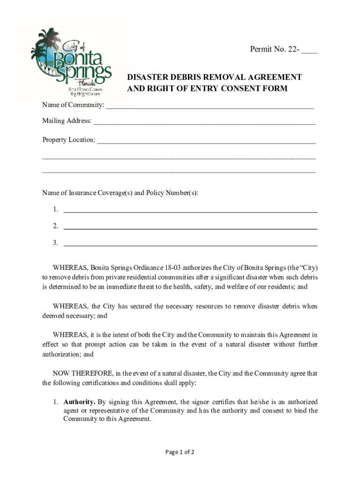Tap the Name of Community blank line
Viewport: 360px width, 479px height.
[x=209, y=105]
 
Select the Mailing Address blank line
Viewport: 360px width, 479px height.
[x=204, y=122]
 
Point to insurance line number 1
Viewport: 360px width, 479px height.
[x=190, y=210]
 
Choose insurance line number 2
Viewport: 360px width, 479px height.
[x=190, y=226]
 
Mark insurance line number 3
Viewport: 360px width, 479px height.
[x=190, y=243]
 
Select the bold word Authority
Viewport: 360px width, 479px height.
[x=79, y=402]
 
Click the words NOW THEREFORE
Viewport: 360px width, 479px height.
[x=82, y=373]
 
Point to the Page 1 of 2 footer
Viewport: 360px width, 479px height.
[x=180, y=452]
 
